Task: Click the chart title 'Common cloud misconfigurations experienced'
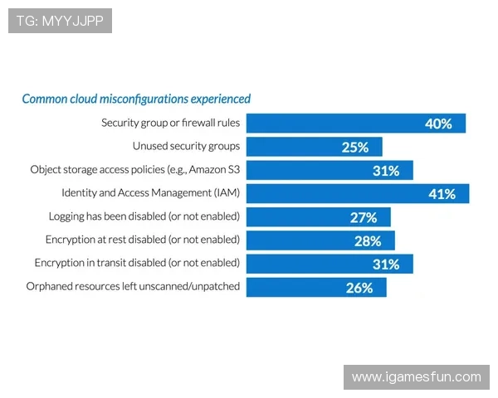(x=136, y=99)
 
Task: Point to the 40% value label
(x=438, y=124)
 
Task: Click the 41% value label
(x=442, y=194)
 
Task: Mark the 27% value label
(x=364, y=217)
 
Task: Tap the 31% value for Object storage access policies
(x=386, y=171)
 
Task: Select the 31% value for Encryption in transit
(x=386, y=264)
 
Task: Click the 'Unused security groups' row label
(x=186, y=146)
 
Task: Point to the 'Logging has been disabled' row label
(x=144, y=216)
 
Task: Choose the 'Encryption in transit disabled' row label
(x=137, y=263)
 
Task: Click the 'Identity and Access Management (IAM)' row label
(x=150, y=193)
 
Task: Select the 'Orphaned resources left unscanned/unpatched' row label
(x=133, y=286)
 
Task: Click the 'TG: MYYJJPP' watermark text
(x=60, y=21)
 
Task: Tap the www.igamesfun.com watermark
(x=416, y=377)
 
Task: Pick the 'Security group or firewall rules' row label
(x=170, y=123)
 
